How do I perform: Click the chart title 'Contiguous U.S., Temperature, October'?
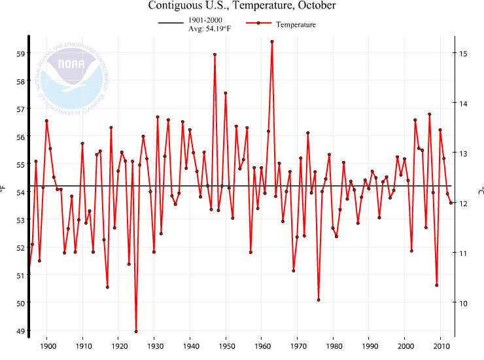(x=242, y=6)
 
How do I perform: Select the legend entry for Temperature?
(x=281, y=24)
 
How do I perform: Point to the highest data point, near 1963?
(x=272, y=41)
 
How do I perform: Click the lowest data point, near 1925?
(x=136, y=331)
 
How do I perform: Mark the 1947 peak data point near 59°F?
(x=215, y=55)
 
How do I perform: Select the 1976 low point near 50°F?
(x=319, y=300)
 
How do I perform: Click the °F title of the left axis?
(x=5, y=190)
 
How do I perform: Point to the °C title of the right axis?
(x=479, y=190)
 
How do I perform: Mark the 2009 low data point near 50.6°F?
(x=436, y=285)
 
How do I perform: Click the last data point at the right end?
(x=451, y=203)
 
